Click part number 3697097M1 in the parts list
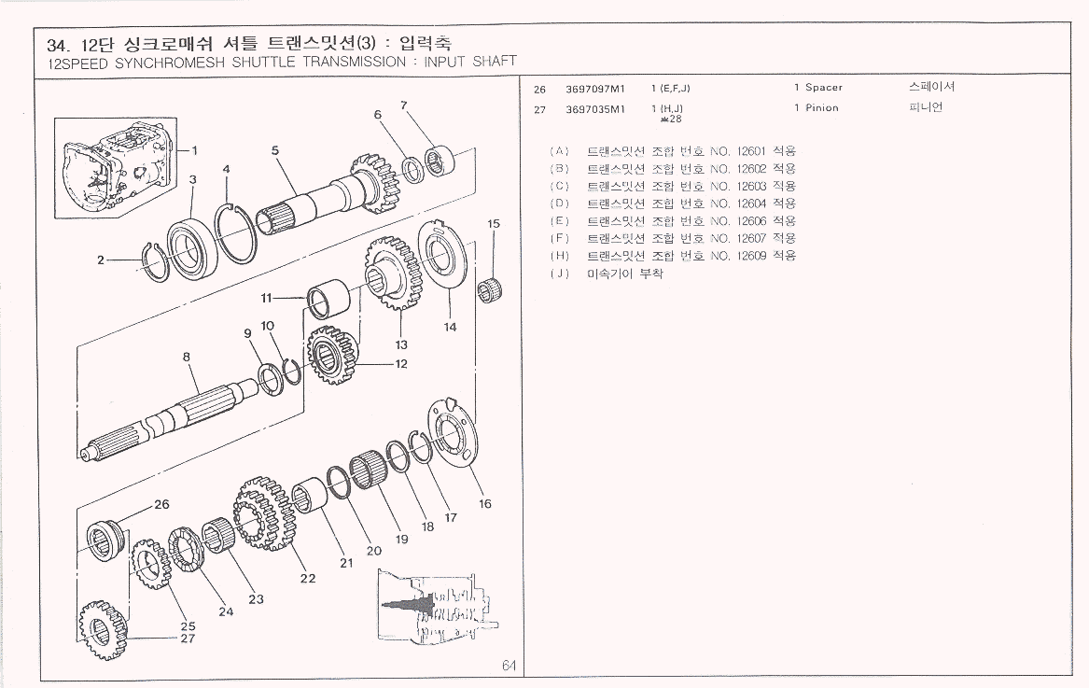(x=594, y=88)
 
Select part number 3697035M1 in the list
(x=594, y=108)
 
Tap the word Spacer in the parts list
(x=824, y=88)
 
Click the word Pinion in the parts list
(x=822, y=108)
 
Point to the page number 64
(x=509, y=666)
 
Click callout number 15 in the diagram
(x=494, y=223)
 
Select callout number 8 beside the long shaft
(x=187, y=356)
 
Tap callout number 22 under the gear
(x=307, y=578)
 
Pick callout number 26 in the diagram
(x=161, y=504)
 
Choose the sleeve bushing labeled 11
(x=333, y=302)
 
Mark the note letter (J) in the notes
(x=560, y=274)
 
